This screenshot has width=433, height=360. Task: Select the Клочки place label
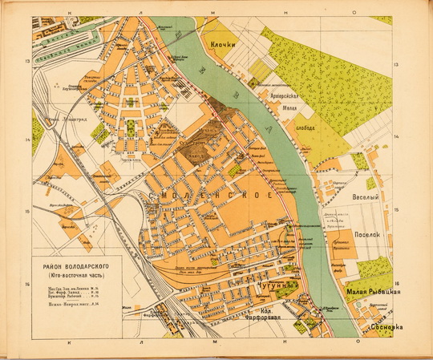coord(222,47)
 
